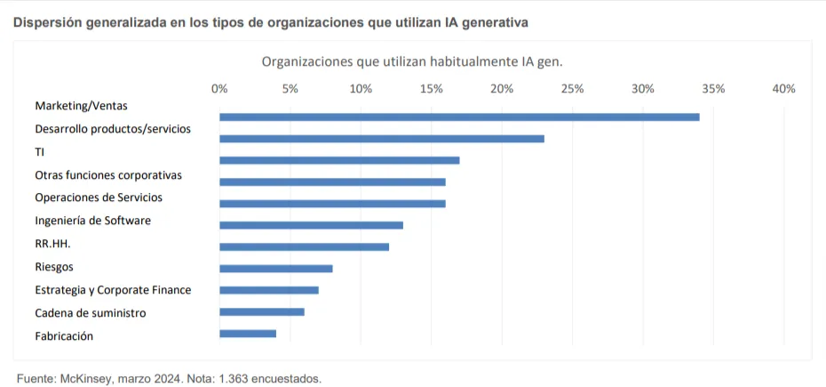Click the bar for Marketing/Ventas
(459, 117)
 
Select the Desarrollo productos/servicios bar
(382, 139)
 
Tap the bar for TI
(339, 160)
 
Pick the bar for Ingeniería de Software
(311, 225)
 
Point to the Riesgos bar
(276, 268)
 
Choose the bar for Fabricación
(248, 334)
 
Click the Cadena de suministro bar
(262, 311)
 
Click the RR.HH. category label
(52, 243)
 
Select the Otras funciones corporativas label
(108, 175)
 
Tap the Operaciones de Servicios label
(99, 198)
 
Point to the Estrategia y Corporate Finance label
(113, 290)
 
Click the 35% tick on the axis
(713, 89)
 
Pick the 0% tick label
(219, 89)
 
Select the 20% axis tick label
(502, 89)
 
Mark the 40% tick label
(783, 89)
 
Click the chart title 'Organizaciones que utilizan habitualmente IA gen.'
(412, 61)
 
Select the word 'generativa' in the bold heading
(505, 21)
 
